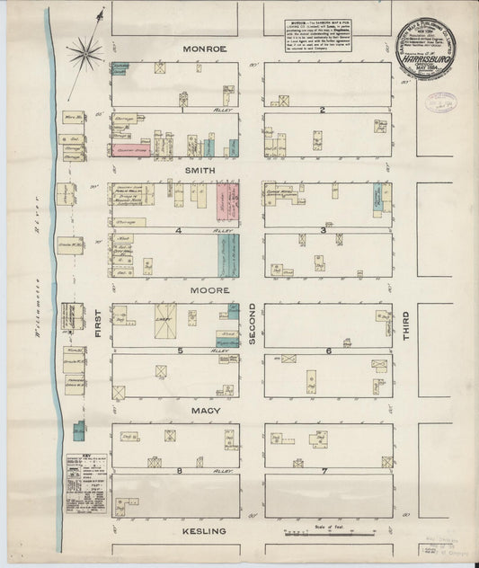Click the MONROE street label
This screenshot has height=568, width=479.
coord(204,48)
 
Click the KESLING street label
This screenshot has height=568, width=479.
coord(204,531)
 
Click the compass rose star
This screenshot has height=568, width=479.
coord(86,52)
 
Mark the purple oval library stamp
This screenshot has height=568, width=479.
coord(439,102)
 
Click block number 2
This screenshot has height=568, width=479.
coord(322,110)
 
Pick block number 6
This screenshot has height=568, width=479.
coord(328,351)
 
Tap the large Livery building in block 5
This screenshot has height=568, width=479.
coord(165,321)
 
